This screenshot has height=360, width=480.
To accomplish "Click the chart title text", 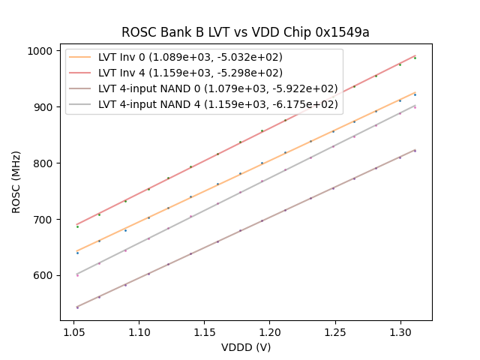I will click(245, 32).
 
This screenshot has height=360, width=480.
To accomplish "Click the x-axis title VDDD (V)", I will click(246, 347).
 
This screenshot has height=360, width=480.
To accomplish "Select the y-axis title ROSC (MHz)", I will click(16, 181).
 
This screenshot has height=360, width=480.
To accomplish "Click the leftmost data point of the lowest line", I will click(77, 307).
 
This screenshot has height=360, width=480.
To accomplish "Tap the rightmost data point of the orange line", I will click(415, 94).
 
